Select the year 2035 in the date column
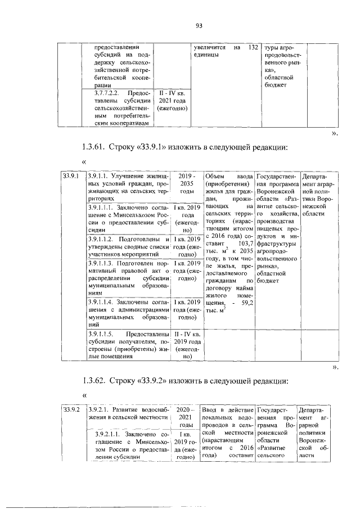point(182,183)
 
